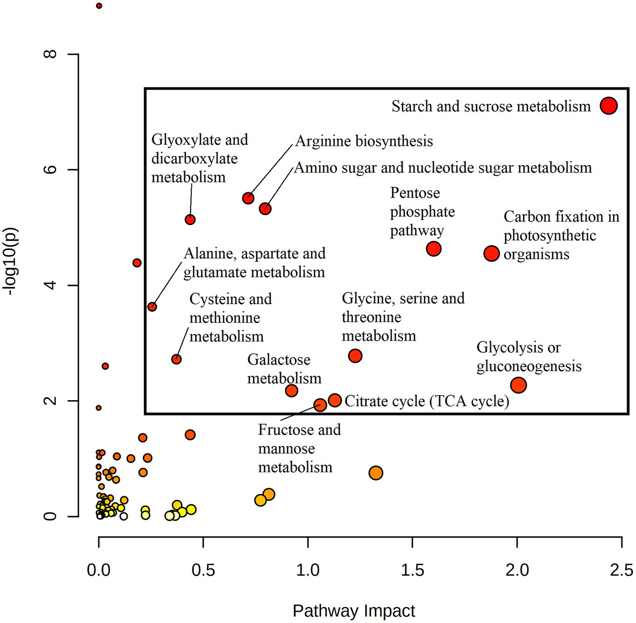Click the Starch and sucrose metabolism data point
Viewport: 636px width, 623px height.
click(x=608, y=106)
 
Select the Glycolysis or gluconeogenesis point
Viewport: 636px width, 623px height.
click(x=518, y=385)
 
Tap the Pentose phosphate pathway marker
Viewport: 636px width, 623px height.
click(x=433, y=249)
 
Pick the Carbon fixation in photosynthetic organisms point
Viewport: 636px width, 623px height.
click(x=491, y=253)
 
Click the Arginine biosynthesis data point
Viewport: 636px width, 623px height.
click(x=248, y=198)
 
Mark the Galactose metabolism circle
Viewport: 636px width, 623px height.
click(x=292, y=390)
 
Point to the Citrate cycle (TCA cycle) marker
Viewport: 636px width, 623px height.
click(x=335, y=400)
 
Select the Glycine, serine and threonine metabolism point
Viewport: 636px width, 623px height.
click(x=355, y=356)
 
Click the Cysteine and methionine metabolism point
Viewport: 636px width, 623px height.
click(x=177, y=359)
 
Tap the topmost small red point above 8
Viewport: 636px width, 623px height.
click(x=99, y=6)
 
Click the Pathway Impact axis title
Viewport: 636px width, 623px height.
click(x=354, y=611)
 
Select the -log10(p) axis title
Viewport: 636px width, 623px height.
click(x=10, y=261)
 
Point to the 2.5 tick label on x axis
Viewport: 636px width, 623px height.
click(x=621, y=570)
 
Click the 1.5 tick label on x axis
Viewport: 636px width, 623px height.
click(x=412, y=570)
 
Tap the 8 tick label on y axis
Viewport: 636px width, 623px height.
click(x=51, y=54)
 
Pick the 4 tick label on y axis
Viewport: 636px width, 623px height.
click(x=51, y=285)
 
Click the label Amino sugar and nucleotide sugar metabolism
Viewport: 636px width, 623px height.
click(x=443, y=168)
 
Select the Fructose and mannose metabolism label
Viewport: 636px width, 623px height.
click(x=299, y=448)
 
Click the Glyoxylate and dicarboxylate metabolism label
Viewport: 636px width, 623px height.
click(x=199, y=158)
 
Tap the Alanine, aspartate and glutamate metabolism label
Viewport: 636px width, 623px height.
click(x=254, y=263)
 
